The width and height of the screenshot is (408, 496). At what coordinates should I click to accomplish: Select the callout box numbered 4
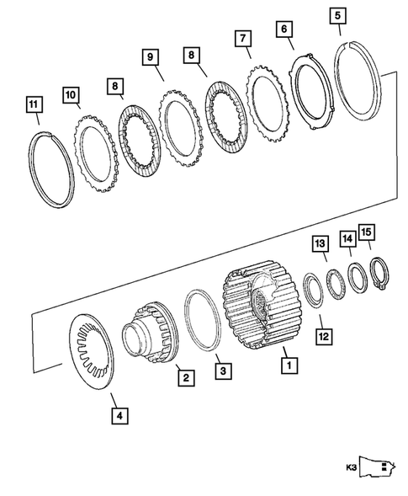click(x=119, y=414)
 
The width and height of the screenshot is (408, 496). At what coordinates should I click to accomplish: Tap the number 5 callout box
click(x=337, y=16)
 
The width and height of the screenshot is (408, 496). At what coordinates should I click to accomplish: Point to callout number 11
click(x=33, y=105)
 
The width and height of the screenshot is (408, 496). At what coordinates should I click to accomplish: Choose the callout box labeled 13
click(x=320, y=243)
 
